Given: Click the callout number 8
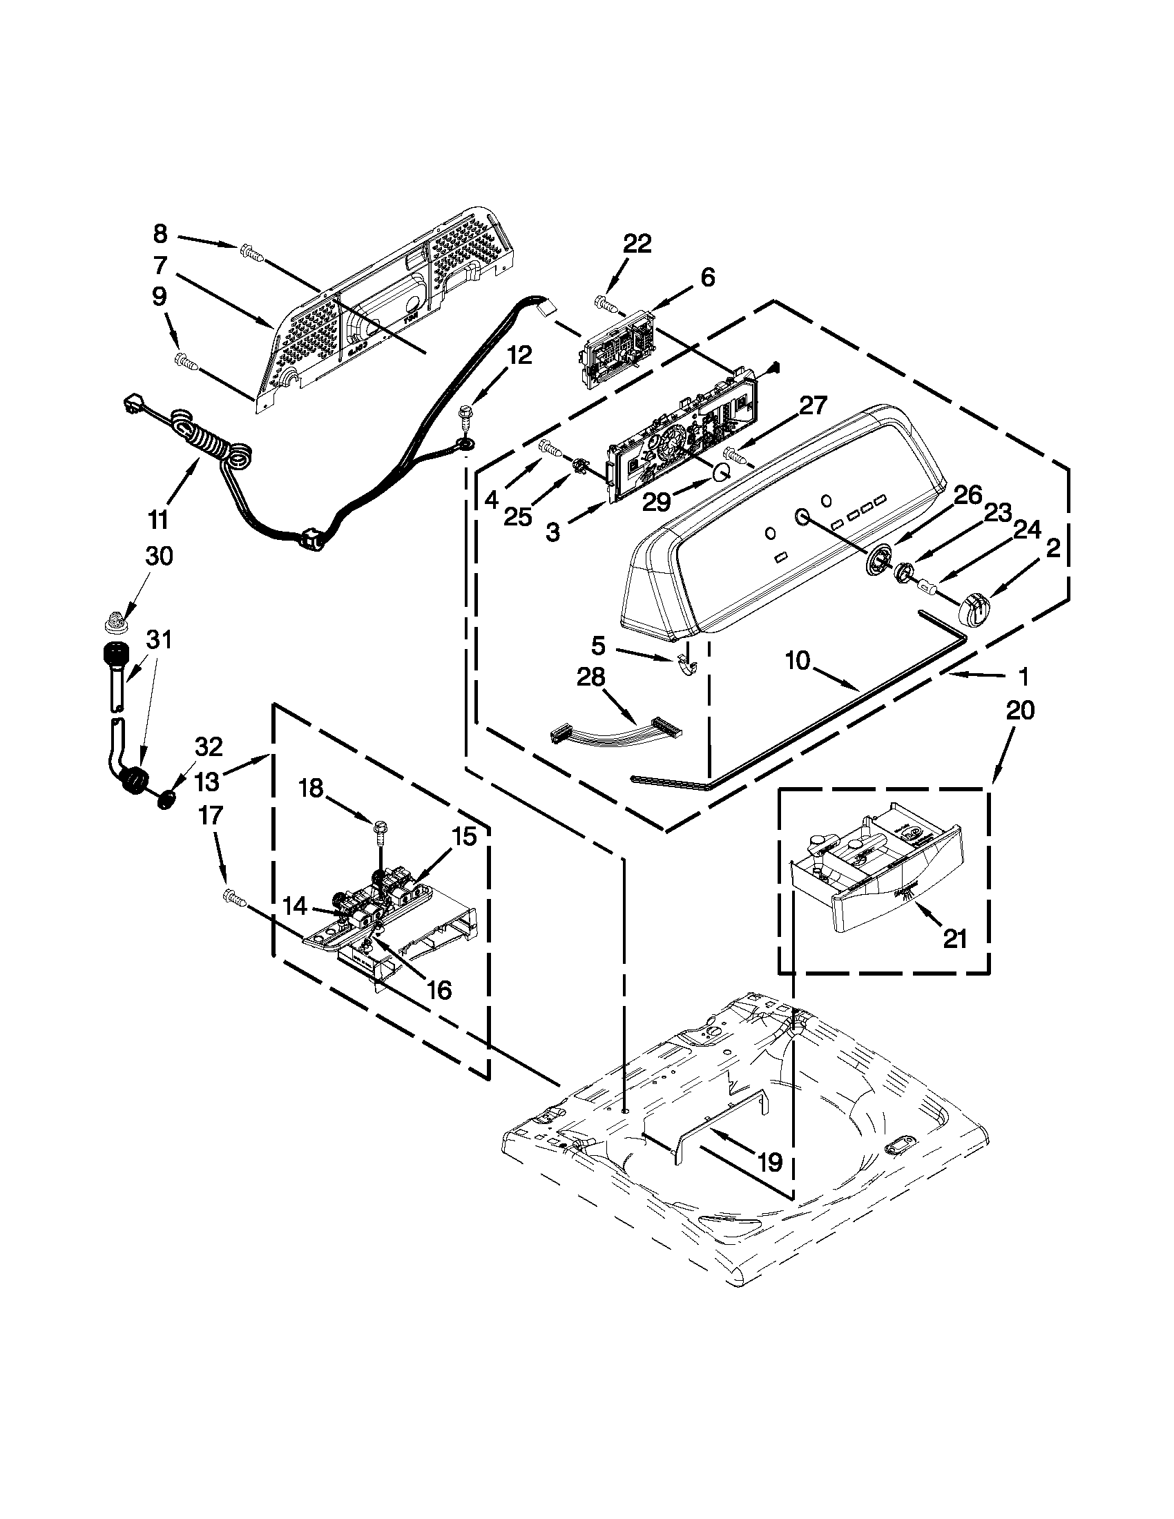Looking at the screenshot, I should [160, 233].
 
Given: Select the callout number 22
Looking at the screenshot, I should [637, 244].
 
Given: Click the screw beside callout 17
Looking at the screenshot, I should [233, 898].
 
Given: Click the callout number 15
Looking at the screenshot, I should [464, 837].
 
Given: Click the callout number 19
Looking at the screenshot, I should [770, 1161].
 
